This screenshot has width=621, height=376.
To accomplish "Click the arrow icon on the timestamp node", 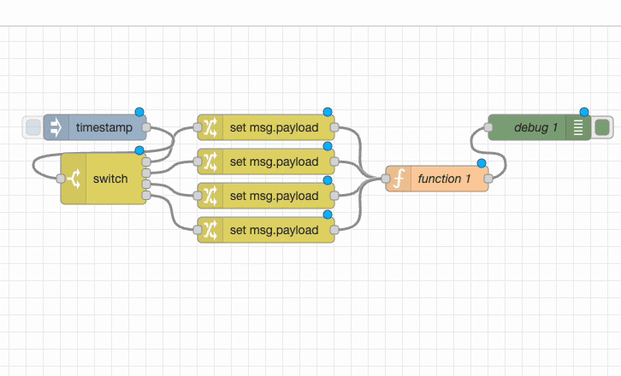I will [x=56, y=128].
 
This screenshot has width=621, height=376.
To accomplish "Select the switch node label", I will [x=110, y=179].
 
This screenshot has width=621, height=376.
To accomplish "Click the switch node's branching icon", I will [x=74, y=179].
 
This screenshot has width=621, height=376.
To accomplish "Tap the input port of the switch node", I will [x=61, y=179].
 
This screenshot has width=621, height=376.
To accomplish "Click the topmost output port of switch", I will [x=146, y=161].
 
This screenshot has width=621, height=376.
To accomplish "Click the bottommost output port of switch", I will [x=146, y=196].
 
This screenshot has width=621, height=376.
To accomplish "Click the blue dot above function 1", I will [x=482, y=162].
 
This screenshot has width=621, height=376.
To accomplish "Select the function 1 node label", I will [x=444, y=179].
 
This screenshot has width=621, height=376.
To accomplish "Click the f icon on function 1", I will [x=398, y=179].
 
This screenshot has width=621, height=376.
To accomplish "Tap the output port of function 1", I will [x=488, y=179].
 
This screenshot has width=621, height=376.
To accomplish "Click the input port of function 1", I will [x=386, y=179].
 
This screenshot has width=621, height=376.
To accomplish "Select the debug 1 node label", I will [x=536, y=128].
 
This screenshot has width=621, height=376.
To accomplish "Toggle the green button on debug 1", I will [x=601, y=128].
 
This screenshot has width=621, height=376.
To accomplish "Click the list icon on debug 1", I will [x=578, y=128].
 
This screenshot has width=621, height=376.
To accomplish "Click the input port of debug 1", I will [x=488, y=128].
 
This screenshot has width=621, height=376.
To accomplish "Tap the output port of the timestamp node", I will [x=146, y=128].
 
